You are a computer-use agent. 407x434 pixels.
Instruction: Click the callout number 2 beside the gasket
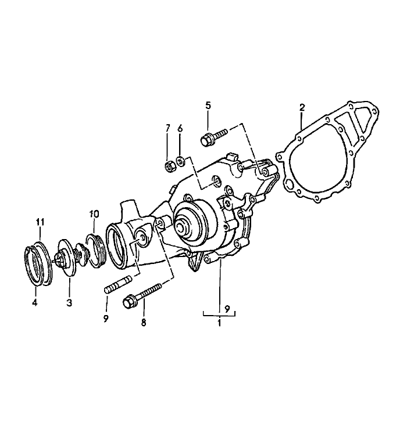coord(302,107)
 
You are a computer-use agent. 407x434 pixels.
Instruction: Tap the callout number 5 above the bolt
coord(208,106)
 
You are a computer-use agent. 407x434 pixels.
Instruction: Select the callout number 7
coord(167,128)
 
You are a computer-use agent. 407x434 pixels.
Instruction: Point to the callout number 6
coord(180,128)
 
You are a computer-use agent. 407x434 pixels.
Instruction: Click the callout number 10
coord(94,214)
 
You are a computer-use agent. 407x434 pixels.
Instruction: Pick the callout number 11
coord(40,222)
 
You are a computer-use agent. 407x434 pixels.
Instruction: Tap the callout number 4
coord(34,302)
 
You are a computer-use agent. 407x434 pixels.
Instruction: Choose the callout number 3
coord(69,302)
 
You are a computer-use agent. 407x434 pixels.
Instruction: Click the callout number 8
coord(144,323)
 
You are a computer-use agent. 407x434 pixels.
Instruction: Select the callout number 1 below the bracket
coord(219,323)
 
